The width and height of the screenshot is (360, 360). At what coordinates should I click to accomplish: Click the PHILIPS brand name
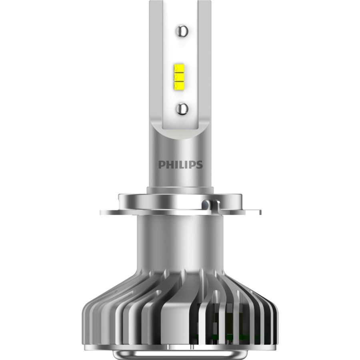tap(180, 165)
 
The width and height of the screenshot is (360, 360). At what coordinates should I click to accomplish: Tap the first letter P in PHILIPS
tap(161, 165)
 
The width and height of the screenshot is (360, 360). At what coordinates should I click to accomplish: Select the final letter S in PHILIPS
tap(199, 165)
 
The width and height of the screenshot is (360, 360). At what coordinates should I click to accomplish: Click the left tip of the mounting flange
tap(102, 211)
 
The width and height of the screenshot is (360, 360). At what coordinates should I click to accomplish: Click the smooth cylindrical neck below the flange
tap(180, 240)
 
